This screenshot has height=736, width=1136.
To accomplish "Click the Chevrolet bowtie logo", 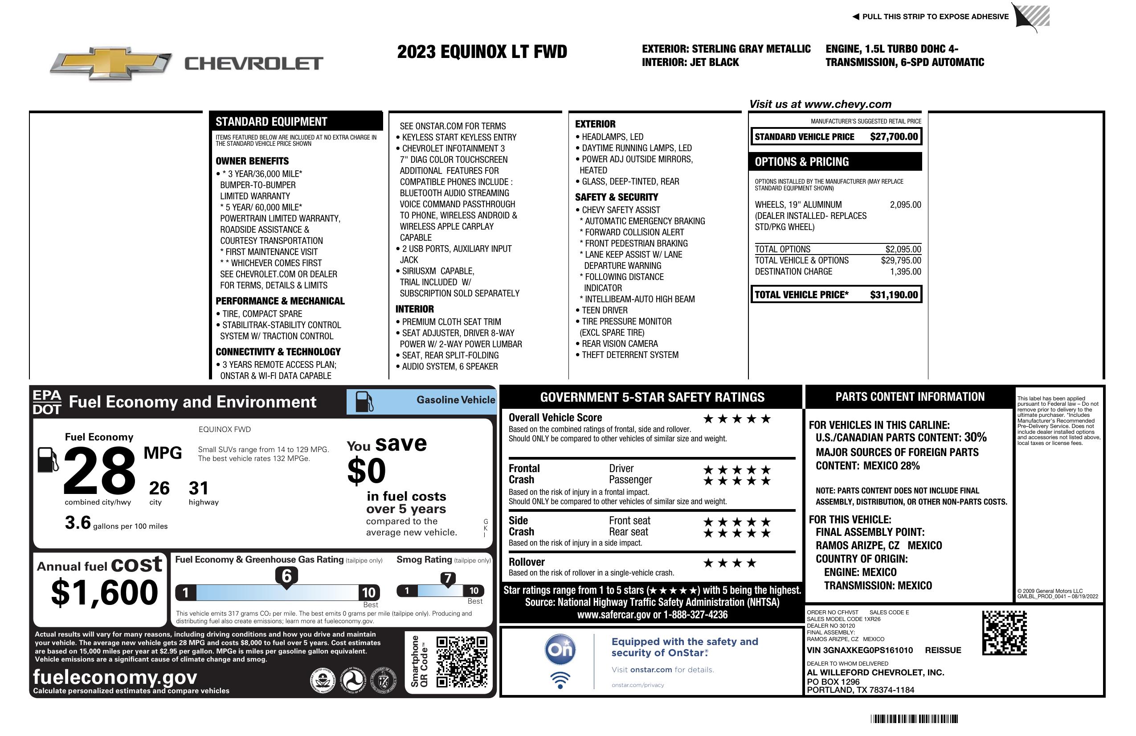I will (x=111, y=63).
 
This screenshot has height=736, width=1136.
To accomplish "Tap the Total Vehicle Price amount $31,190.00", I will (x=894, y=295).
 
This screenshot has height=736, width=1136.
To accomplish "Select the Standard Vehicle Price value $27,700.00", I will (x=894, y=136).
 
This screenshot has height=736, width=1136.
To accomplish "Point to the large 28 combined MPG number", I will (x=99, y=470).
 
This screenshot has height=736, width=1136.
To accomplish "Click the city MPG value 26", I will (x=159, y=488).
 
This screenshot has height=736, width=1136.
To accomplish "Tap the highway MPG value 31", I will (x=199, y=488).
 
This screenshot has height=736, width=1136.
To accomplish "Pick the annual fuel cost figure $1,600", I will (x=104, y=593).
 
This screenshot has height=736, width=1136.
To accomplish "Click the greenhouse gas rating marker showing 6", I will (x=286, y=576).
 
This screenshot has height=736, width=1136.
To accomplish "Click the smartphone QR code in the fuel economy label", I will (x=462, y=661).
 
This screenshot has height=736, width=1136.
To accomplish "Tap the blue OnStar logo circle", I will (x=560, y=650).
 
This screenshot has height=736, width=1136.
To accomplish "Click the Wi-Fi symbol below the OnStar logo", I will (x=560, y=680).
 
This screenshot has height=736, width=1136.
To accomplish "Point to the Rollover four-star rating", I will (x=730, y=563).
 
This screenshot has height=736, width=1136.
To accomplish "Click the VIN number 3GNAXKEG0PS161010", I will (x=860, y=650).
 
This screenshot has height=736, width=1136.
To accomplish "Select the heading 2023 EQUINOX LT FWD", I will (x=482, y=52).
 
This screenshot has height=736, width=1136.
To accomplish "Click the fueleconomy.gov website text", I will (x=115, y=677).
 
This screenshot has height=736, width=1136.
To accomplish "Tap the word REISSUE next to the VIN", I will (x=943, y=650).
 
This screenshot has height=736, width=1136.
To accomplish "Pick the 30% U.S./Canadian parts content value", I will (x=975, y=437).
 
